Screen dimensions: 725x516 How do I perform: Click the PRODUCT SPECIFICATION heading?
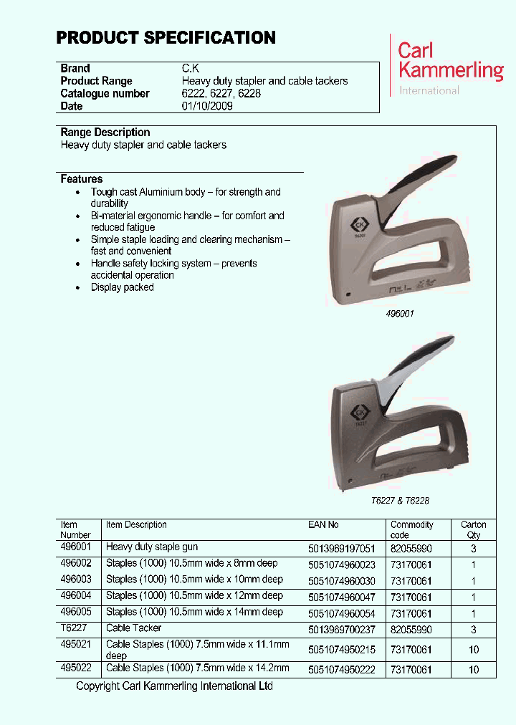click(166, 38)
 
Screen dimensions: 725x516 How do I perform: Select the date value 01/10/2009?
click(207, 106)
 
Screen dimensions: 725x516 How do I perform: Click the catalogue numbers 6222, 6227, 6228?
click(221, 93)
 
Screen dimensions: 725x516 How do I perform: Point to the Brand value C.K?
click(191, 69)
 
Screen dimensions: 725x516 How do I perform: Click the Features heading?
click(82, 179)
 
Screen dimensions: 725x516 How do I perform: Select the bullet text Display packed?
click(122, 287)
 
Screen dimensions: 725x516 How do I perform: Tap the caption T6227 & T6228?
click(400, 501)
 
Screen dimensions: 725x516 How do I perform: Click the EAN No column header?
click(323, 525)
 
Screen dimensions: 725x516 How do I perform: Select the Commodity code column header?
click(411, 529)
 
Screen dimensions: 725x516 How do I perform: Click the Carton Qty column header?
click(473, 529)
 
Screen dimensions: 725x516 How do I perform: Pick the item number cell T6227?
click(72, 628)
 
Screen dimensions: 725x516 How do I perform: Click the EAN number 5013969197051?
click(341, 548)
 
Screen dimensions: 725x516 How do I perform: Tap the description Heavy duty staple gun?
click(152, 547)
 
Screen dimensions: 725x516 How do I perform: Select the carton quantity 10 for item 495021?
click(473, 649)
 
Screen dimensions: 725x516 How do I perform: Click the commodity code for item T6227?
click(411, 629)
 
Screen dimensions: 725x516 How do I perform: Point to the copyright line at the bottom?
click(174, 686)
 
